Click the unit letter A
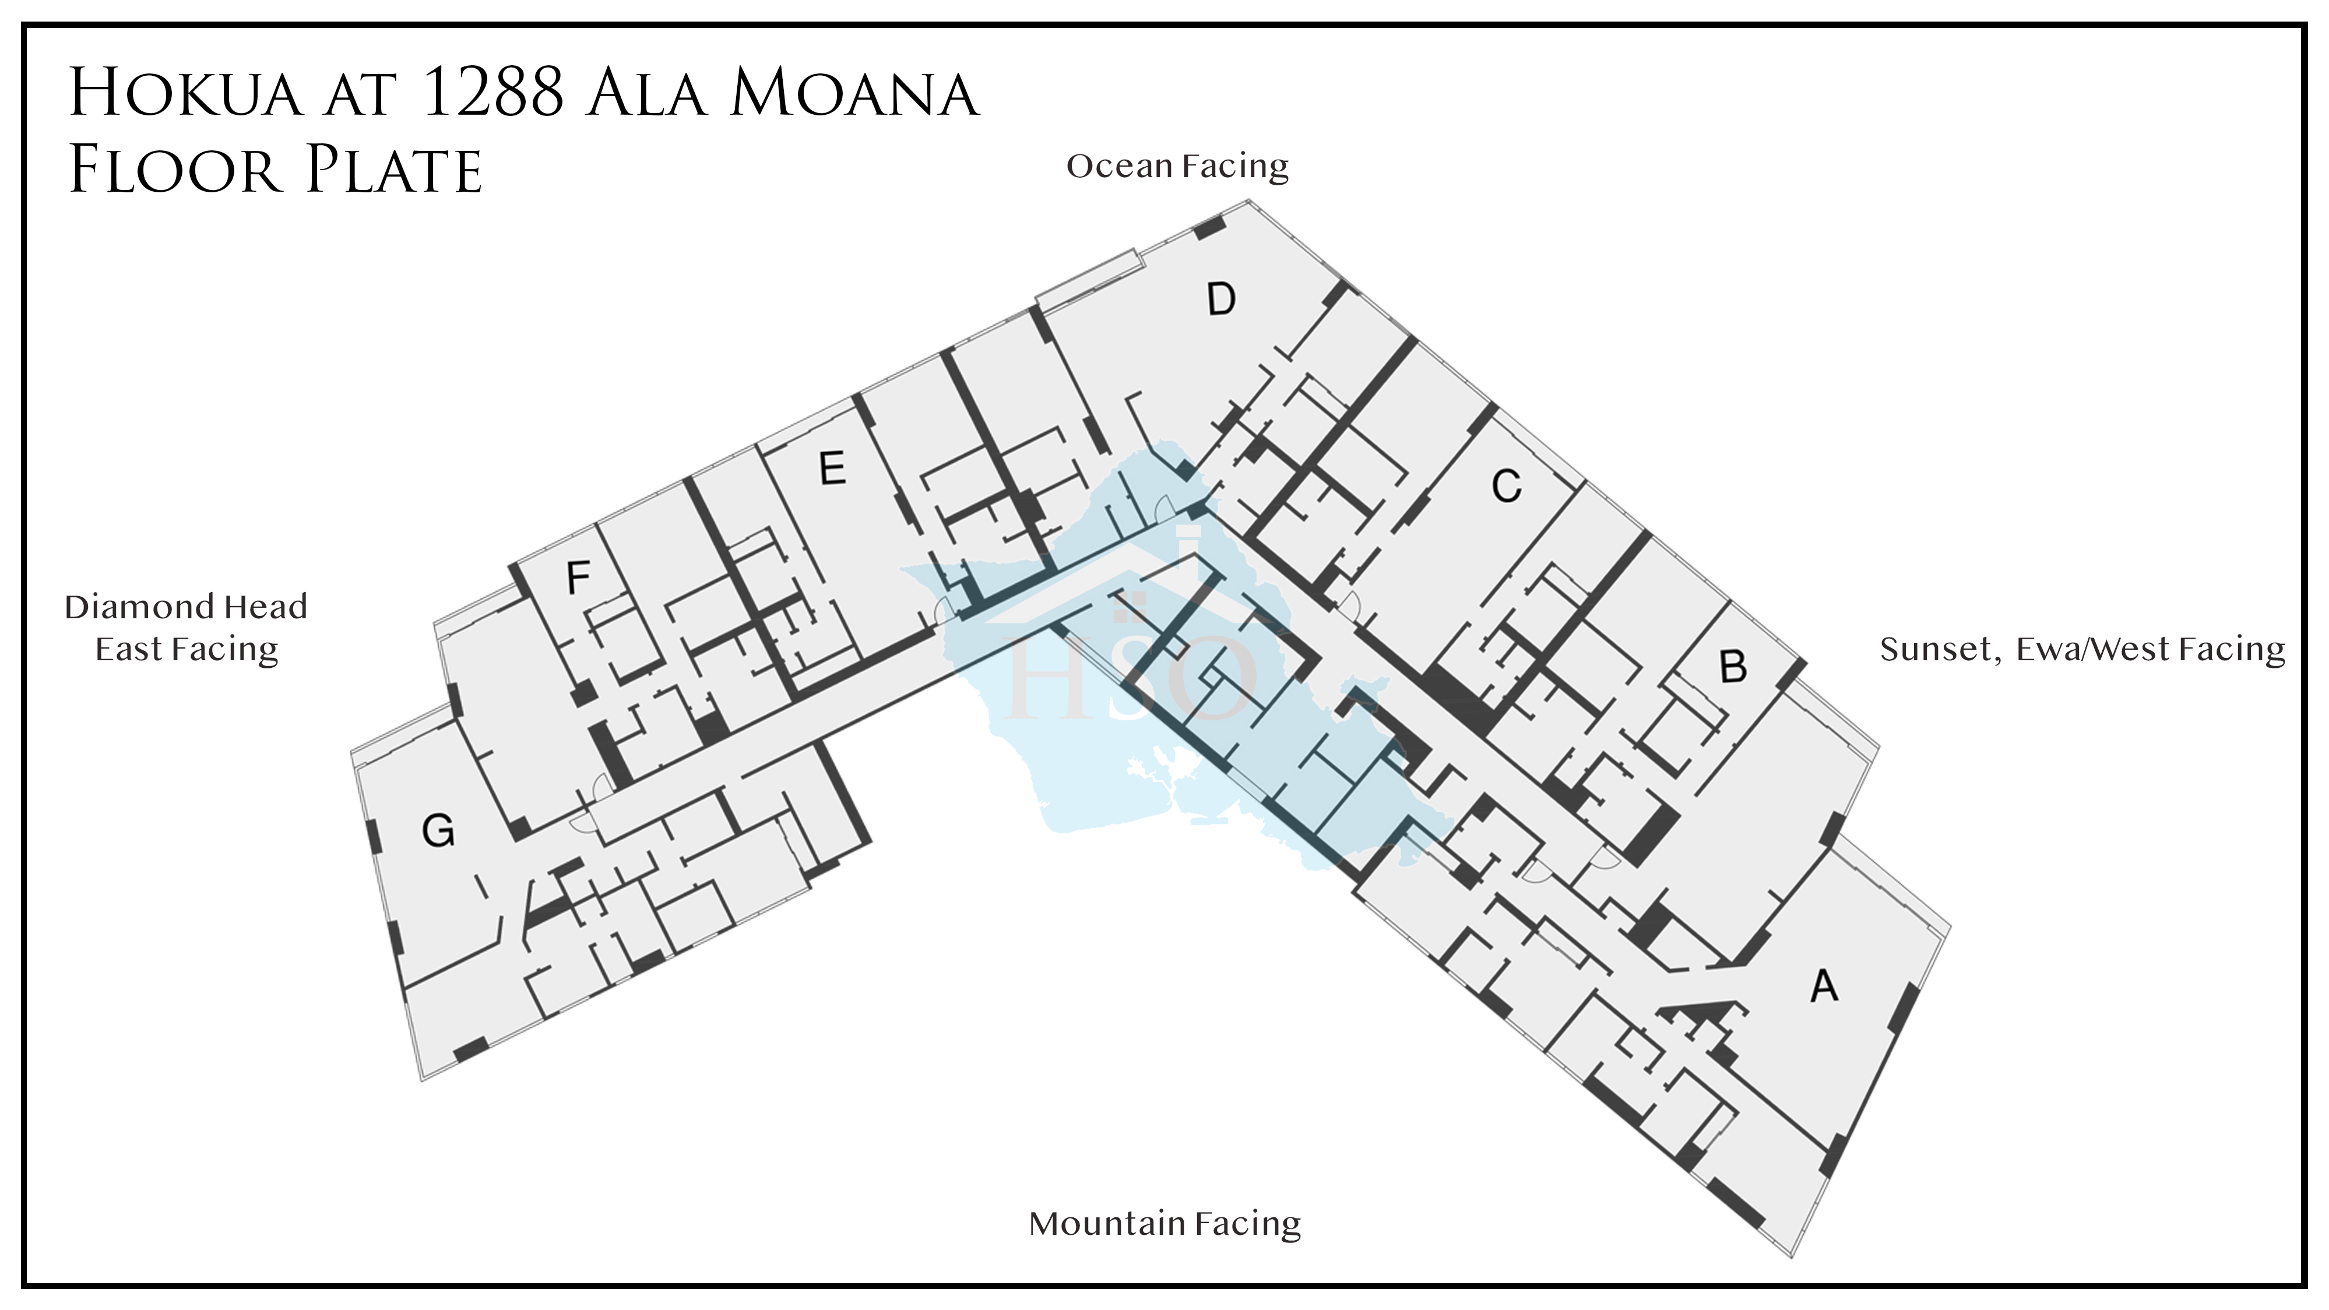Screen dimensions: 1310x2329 click(x=1824, y=985)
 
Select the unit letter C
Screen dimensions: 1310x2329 click(x=1506, y=487)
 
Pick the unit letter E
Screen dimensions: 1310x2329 click(x=832, y=469)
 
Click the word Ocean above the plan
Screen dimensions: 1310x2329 click(x=1119, y=167)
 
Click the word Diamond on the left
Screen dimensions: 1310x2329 click(x=139, y=607)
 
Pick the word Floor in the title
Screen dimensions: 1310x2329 click(x=174, y=170)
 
